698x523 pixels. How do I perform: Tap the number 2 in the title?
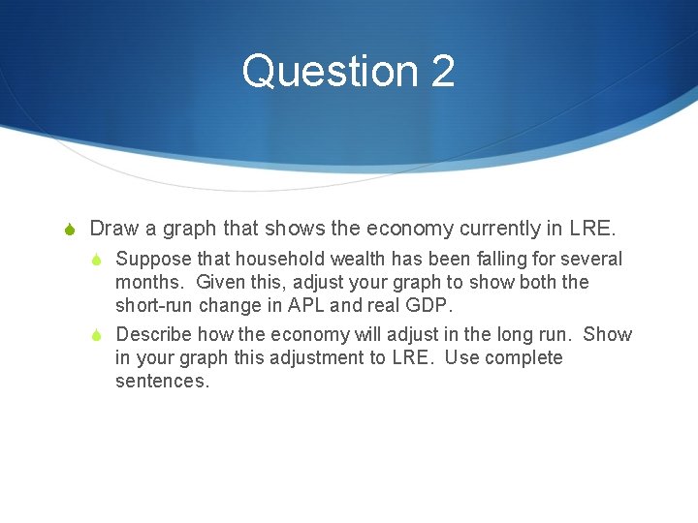[x=442, y=72]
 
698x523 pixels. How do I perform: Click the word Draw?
[x=114, y=229]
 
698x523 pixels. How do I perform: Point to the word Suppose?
[x=152, y=260]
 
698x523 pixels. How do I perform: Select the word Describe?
[x=154, y=335]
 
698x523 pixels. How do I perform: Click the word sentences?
[x=162, y=382]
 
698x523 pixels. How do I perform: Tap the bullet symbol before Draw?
[x=69, y=230]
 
